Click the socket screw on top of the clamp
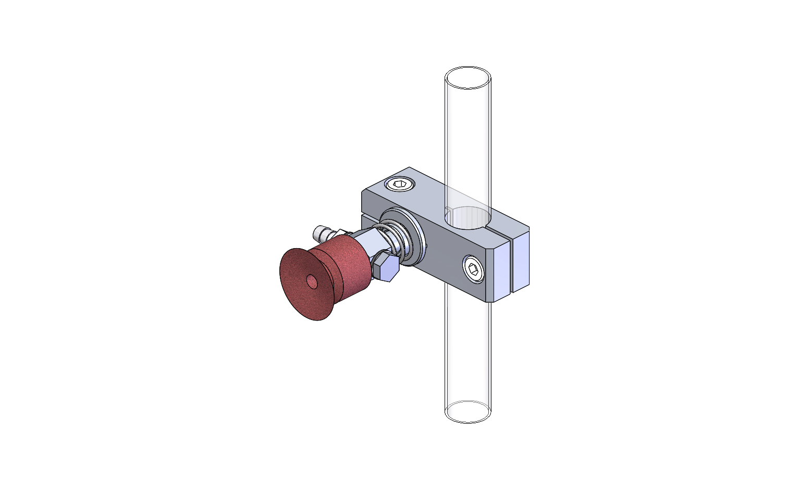400,184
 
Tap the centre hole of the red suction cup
312,282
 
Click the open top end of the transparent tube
468,78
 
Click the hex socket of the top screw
400,184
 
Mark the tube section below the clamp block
468,354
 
